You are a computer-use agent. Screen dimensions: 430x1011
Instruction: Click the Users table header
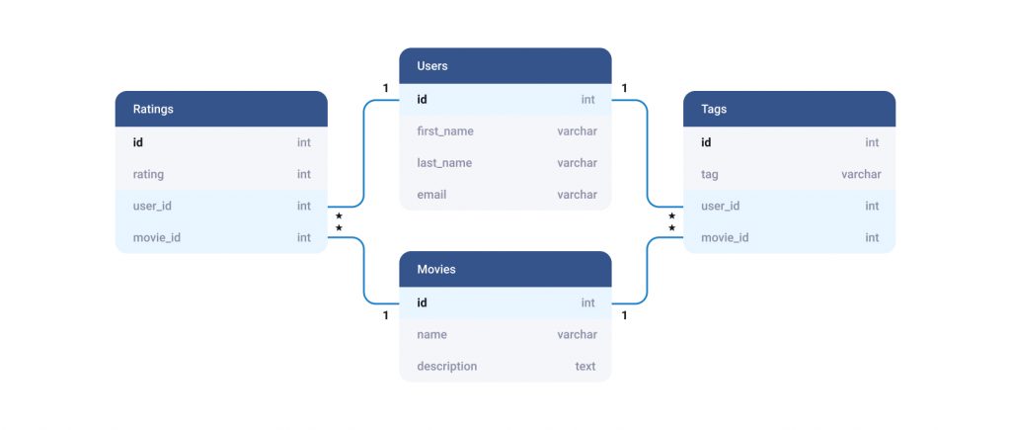(505, 66)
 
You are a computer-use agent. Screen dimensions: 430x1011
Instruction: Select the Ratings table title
(153, 110)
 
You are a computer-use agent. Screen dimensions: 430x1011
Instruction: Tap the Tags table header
(713, 110)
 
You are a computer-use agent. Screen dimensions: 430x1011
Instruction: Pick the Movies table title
(436, 269)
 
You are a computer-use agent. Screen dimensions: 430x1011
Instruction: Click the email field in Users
(431, 195)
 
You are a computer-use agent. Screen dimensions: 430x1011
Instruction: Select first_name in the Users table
(444, 131)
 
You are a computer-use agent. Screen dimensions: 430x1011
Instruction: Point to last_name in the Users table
(444, 163)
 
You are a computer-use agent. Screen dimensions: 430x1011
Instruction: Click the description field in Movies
(446, 367)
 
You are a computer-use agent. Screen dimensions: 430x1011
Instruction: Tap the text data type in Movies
(585, 367)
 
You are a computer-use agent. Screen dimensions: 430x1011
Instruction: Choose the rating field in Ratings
(148, 175)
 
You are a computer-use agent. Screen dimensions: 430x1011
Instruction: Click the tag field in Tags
(710, 175)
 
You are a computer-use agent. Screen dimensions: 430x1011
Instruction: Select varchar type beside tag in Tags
(861, 175)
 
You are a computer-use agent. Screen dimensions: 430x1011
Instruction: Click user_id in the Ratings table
(153, 207)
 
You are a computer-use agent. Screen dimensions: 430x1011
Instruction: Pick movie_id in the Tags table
(725, 238)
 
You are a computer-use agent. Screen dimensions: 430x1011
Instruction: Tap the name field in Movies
(432, 335)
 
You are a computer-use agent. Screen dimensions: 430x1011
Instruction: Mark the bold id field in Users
(423, 100)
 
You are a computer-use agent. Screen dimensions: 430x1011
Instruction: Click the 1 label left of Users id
(386, 89)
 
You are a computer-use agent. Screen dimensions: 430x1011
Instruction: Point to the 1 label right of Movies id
(626, 316)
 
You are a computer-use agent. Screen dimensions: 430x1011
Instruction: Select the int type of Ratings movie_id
(304, 238)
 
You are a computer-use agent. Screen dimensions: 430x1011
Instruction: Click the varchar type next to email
(577, 195)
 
